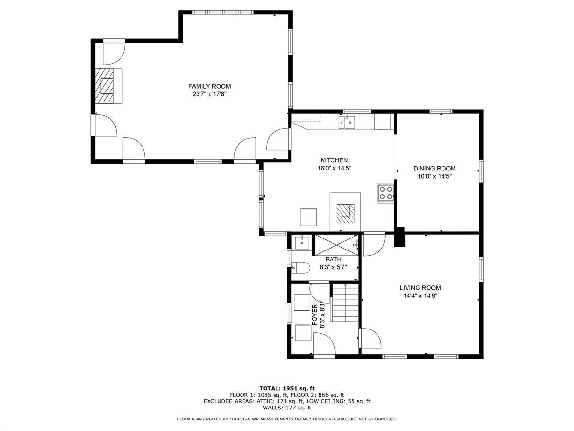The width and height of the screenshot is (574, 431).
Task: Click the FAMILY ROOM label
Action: tap(209, 86)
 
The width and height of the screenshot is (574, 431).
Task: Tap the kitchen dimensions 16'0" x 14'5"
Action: tap(334, 168)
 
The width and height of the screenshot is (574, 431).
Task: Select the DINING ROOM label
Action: tap(434, 168)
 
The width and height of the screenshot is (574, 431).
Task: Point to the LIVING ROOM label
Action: tap(420, 288)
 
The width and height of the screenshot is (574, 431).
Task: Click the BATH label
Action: tap(333, 259)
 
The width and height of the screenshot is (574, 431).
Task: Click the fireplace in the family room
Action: tap(105, 85)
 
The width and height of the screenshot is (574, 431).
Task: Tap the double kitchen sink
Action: tap(348, 123)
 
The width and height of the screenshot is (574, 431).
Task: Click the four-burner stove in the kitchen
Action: tap(386, 193)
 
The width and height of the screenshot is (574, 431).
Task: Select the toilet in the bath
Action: tap(300, 268)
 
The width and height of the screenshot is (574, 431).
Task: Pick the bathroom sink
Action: tap(302, 242)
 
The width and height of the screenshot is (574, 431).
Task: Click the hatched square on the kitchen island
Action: tap(345, 214)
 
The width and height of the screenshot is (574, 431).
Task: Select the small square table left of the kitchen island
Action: tap(308, 216)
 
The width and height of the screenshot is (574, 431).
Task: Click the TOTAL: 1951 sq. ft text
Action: tap(287, 388)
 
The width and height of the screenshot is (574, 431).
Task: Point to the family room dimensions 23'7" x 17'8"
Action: tap(209, 94)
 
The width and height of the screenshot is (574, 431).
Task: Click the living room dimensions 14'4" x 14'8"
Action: tap(420, 296)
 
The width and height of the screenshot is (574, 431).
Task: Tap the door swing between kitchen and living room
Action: tap(373, 244)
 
